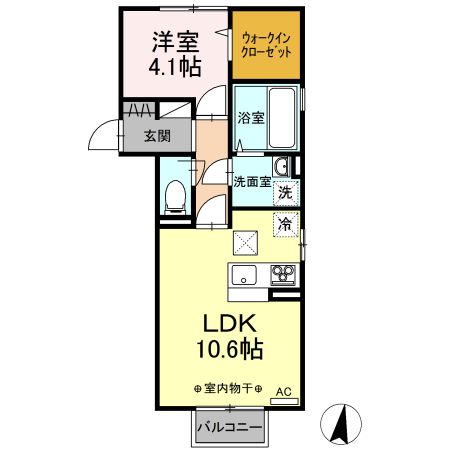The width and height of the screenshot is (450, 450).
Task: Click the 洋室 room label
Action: (x=175, y=42)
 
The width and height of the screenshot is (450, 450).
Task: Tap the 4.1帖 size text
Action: (x=175, y=67)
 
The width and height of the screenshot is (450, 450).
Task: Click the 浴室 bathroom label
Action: (x=251, y=118)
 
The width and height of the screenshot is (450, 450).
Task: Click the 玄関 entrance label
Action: (x=155, y=136)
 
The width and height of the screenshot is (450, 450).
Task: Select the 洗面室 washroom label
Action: (x=251, y=182)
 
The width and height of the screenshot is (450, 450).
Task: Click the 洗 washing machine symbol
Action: (x=286, y=192)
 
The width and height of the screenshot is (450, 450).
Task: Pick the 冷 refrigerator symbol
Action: (x=286, y=224)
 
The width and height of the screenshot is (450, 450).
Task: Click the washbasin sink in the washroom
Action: (x=282, y=166)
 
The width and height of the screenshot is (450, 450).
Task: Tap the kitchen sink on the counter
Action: (x=245, y=275)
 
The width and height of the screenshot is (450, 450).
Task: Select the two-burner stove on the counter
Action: (x=282, y=275)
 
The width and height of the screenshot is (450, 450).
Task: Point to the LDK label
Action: (x=231, y=324)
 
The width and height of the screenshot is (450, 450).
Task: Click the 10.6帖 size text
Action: (x=228, y=350)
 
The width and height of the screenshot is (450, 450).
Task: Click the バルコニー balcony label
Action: (x=229, y=427)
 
